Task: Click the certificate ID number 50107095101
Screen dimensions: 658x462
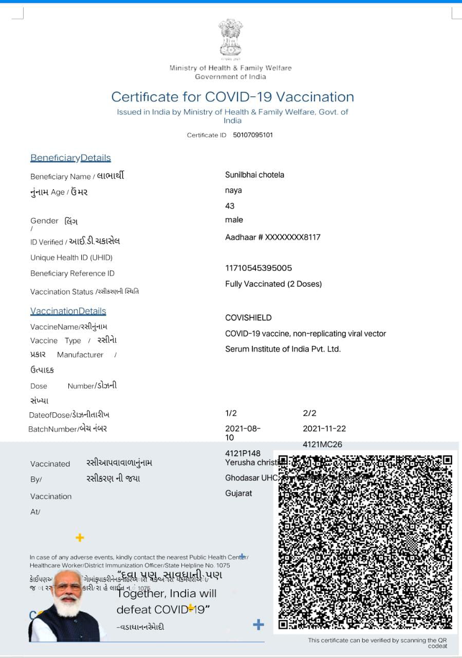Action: point(253,135)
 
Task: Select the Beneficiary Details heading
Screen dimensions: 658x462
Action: point(70,158)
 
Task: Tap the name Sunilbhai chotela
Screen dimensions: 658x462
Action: point(254,175)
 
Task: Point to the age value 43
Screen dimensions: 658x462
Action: point(230,206)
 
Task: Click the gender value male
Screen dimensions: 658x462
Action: point(234,220)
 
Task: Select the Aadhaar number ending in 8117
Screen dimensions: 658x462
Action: point(272,237)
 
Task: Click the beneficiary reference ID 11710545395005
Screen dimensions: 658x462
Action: point(258,268)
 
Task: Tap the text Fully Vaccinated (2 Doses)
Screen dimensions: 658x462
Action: point(273,284)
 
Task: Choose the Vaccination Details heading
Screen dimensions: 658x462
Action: point(68,311)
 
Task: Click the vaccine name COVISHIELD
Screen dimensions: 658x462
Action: point(248,318)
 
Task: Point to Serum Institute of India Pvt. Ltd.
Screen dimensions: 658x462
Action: point(283,349)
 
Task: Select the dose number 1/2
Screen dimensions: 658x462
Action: point(231,413)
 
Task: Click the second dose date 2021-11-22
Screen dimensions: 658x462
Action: point(324,429)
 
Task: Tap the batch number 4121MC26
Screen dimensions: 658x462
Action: point(322,444)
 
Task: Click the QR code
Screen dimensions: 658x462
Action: point(365,542)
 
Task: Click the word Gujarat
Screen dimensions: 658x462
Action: point(238,493)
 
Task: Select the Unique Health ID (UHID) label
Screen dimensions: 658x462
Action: point(71,258)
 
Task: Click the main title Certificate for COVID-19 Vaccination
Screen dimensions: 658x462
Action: point(232,97)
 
